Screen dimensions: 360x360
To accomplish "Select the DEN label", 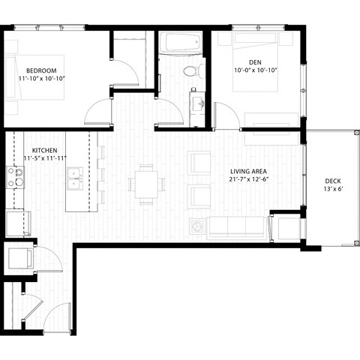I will (x=255, y=62).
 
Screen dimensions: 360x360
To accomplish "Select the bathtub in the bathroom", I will (x=180, y=43).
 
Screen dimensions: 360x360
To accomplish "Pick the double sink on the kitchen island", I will (x=74, y=179).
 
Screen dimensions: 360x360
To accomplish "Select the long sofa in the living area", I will (x=237, y=226).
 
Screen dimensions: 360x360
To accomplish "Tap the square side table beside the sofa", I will (x=197, y=226).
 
